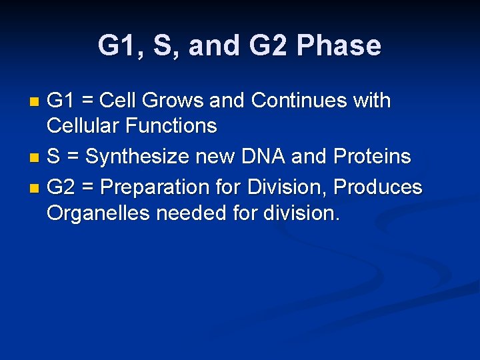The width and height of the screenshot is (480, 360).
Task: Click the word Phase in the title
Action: pos(339,46)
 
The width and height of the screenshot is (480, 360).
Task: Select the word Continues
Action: pos(301,101)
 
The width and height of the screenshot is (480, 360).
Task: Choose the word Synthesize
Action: pos(137,157)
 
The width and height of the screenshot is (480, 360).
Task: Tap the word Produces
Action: pos(378,188)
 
